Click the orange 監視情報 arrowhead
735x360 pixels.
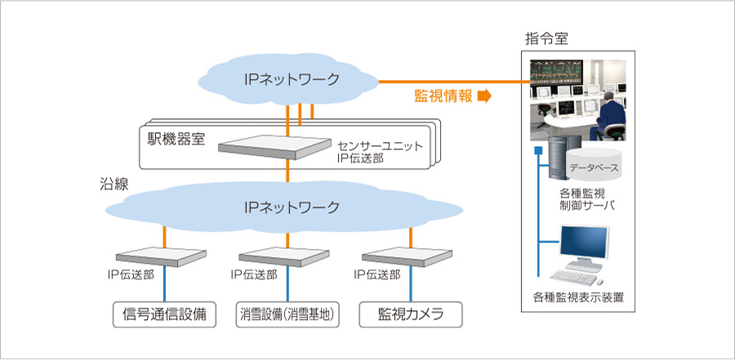pyautogui.click(x=483, y=96)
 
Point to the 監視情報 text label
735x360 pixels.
pyautogui.click(x=443, y=96)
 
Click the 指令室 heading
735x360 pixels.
pyautogui.click(x=546, y=39)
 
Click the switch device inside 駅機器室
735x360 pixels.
pyautogui.click(x=276, y=148)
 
